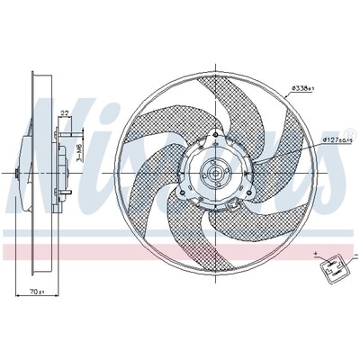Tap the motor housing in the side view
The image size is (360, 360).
pos(56,173)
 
